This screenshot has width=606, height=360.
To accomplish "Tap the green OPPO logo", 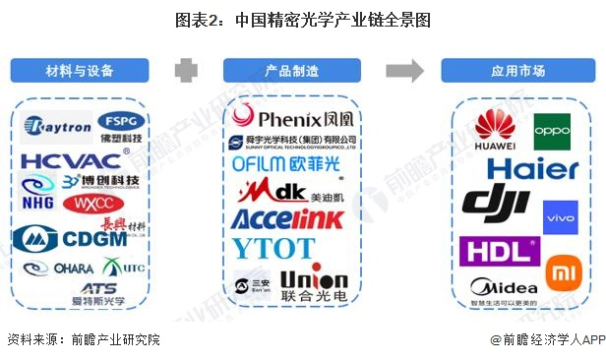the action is [552, 132].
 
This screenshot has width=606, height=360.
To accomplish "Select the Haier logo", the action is [532, 168].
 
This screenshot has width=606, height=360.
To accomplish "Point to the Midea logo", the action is [504, 287].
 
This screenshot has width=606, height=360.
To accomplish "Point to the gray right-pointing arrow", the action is [403, 71].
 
